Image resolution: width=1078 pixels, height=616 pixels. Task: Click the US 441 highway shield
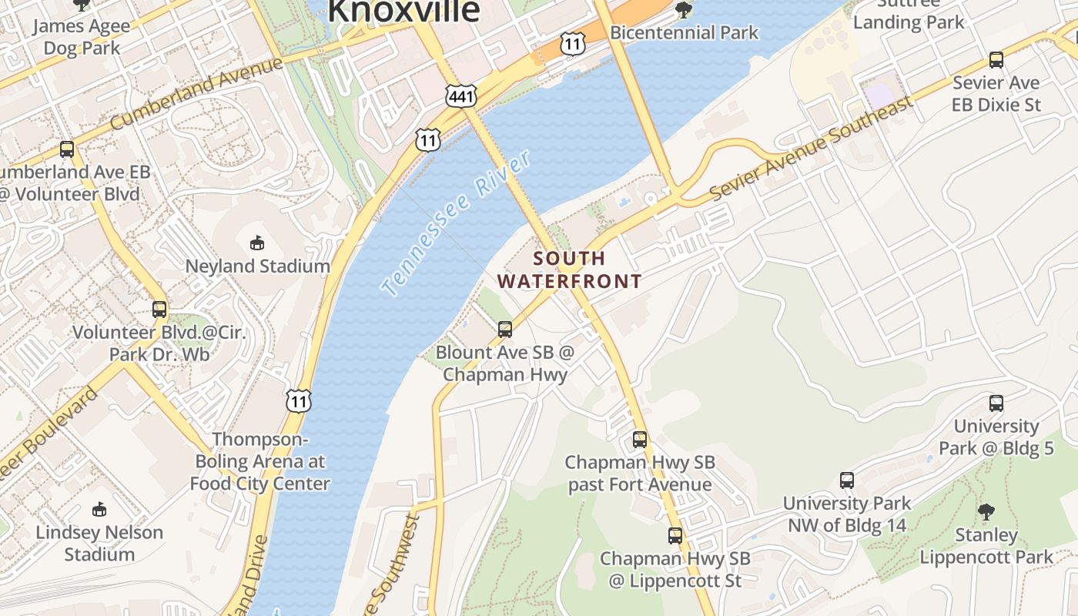coord(460,96)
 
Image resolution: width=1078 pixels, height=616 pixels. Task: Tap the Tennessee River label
coord(456,223)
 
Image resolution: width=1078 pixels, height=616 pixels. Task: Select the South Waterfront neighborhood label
coord(569,269)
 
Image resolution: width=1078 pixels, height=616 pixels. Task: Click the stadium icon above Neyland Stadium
coord(257,243)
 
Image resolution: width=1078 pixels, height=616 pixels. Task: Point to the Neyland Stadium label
coord(257,266)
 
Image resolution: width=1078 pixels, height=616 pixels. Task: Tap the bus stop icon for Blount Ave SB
coord(505,329)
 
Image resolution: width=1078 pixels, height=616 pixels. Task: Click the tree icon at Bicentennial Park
coord(683,10)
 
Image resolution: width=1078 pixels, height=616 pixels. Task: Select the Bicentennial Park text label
coord(684,33)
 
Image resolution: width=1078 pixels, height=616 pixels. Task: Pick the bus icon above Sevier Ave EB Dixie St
coord(996,60)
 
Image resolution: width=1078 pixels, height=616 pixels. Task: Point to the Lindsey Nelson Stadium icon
coord(99,509)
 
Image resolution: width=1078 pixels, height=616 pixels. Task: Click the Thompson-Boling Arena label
coord(259,461)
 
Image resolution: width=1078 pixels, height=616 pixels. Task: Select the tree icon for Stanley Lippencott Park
coord(986,511)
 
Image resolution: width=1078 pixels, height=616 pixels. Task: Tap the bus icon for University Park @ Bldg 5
coord(996,403)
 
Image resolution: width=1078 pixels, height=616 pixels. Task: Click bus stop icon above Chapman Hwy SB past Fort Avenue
coord(639,440)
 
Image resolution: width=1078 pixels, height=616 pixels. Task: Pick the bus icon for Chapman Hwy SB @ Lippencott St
coord(675,535)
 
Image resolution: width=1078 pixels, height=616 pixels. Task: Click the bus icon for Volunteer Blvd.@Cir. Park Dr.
coord(159,310)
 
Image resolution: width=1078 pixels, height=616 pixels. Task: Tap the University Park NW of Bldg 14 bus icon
coord(847,480)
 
